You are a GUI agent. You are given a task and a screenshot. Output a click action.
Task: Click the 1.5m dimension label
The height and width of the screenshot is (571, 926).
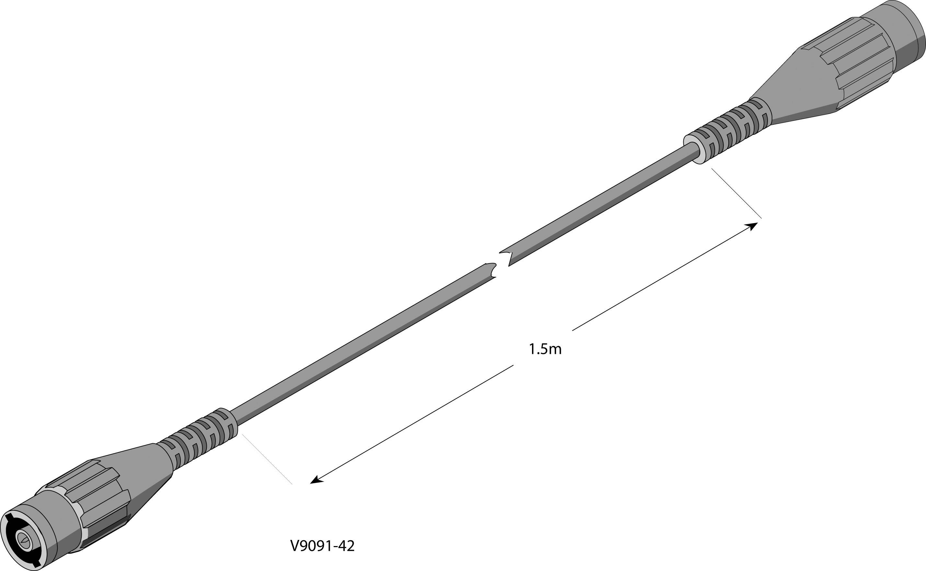[x=545, y=349]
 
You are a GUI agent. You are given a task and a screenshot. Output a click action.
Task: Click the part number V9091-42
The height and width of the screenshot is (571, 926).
[x=322, y=546]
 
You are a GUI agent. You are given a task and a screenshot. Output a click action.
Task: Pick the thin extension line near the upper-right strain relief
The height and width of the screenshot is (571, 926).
[x=736, y=193]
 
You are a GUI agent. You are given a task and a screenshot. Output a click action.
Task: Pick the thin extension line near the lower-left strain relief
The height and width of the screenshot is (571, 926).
[x=267, y=459]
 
